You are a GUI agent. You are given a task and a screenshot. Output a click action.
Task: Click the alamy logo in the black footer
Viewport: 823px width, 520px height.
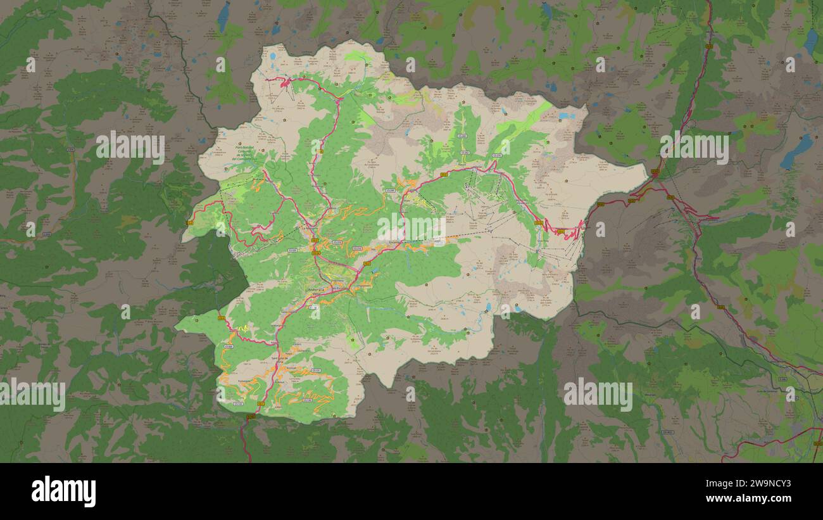tap(63, 491)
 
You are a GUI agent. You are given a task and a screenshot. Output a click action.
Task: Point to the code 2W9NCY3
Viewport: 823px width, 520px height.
tap(762, 483)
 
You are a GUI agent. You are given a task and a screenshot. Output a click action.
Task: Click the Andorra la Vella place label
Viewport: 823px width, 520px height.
tap(315, 290)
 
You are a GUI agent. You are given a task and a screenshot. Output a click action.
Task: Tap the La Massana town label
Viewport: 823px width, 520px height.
tap(308, 227)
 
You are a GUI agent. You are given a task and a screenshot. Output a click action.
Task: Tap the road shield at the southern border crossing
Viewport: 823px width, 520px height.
tap(251, 416)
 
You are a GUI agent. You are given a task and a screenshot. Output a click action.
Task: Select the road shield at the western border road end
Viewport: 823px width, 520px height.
tap(191, 222)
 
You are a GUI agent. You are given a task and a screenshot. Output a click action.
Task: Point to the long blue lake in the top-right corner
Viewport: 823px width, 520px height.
tap(810, 41)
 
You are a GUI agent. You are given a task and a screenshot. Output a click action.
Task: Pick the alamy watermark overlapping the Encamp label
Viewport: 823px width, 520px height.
tap(411, 227)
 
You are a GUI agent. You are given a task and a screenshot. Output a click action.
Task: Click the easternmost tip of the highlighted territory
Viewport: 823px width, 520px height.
tap(647, 170)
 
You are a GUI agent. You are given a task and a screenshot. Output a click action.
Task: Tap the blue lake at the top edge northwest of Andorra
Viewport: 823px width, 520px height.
tap(223, 16)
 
